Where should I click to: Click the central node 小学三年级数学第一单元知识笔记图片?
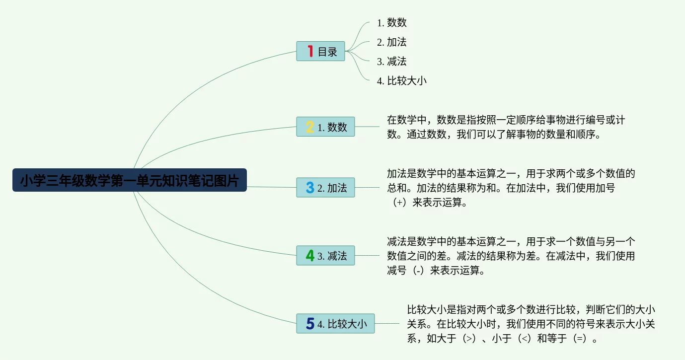(x=129, y=180)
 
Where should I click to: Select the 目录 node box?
(x=320, y=51)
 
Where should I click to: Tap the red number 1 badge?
(x=310, y=51)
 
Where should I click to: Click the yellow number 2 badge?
(x=310, y=127)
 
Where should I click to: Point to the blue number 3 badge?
(x=310, y=188)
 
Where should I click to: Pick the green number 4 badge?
(x=310, y=256)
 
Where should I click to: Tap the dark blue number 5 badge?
(x=310, y=324)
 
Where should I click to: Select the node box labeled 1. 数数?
(x=325, y=127)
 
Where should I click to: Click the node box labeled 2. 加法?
(x=325, y=188)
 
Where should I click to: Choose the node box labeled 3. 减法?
(x=325, y=256)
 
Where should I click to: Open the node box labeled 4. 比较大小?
(x=335, y=324)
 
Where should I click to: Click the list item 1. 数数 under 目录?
(x=392, y=22)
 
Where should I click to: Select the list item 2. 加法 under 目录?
(x=392, y=42)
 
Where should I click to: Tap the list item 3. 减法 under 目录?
(x=392, y=62)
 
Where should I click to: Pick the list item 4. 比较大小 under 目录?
(x=402, y=81)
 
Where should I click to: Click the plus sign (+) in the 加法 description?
(x=399, y=203)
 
